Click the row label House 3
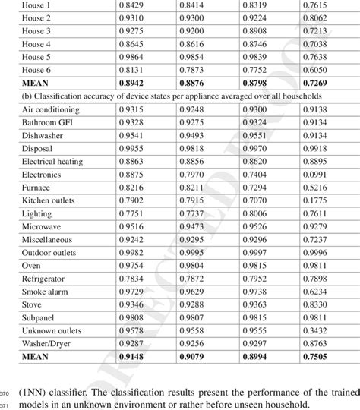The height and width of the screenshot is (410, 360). tap(36, 31)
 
